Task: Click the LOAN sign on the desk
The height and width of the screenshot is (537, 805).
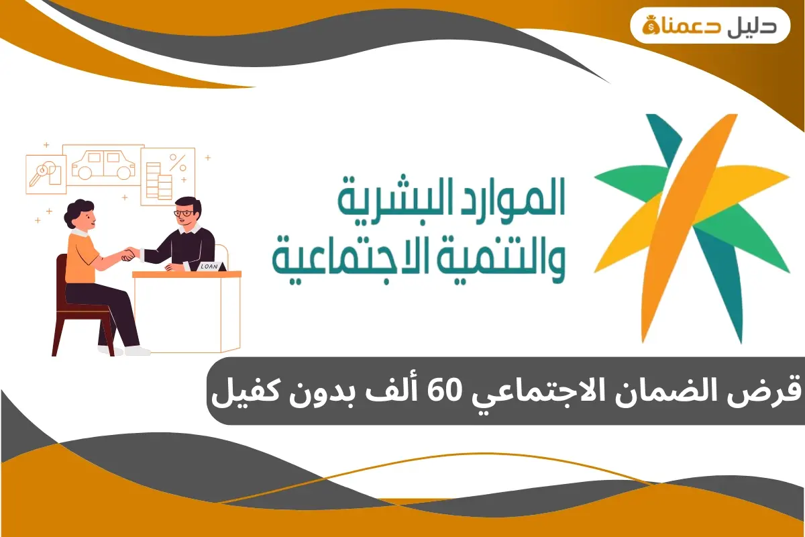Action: [207, 266]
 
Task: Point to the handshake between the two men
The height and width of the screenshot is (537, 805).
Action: [129, 254]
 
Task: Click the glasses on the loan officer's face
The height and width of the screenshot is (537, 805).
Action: [183, 213]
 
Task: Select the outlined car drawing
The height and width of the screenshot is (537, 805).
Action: [103, 166]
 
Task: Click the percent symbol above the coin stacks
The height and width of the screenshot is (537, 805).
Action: [178, 162]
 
